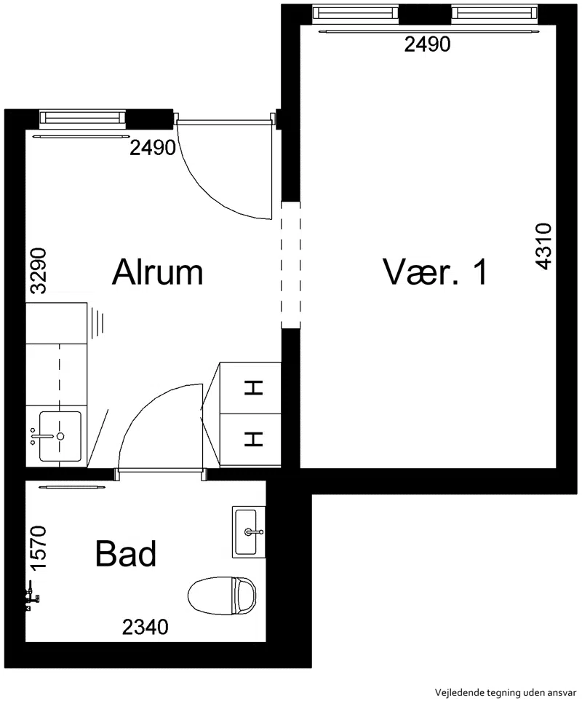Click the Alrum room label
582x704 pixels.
pyautogui.click(x=157, y=272)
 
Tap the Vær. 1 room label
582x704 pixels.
pyautogui.click(x=435, y=272)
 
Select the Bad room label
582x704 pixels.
pyautogui.click(x=126, y=553)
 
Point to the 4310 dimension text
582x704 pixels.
pyautogui.click(x=543, y=246)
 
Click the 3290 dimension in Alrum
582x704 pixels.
pyautogui.click(x=38, y=271)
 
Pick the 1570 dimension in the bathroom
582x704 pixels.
pyautogui.click(x=38, y=547)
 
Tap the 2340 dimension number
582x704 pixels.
pyautogui.click(x=145, y=628)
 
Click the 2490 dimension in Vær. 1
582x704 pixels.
pyautogui.click(x=427, y=44)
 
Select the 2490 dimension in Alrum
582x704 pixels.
pyautogui.click(x=153, y=148)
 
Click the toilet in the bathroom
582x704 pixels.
pyautogui.click(x=222, y=596)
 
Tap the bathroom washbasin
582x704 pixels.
pyautogui.click(x=249, y=532)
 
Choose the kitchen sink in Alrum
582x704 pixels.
pyautogui.click(x=60, y=436)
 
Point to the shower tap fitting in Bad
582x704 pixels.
pyautogui.click(x=32, y=596)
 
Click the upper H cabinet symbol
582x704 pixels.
pyautogui.click(x=253, y=387)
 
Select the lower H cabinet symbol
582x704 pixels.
pyautogui.click(x=253, y=439)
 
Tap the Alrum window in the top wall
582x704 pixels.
pyautogui.click(x=82, y=117)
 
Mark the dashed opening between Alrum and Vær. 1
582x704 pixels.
pyautogui.click(x=290, y=265)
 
